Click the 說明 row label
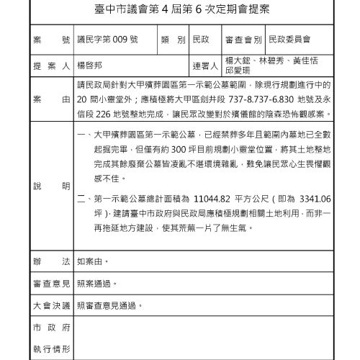(x=50, y=186)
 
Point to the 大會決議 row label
(x=50, y=305)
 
